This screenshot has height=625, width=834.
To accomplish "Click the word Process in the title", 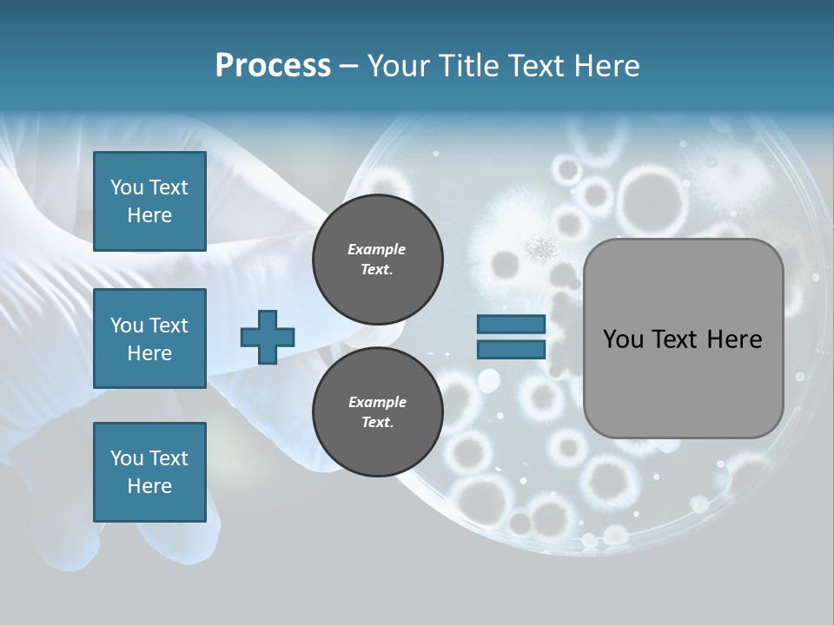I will pyautogui.click(x=273, y=66).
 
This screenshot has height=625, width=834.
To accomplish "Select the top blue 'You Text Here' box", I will pyautogui.click(x=149, y=201).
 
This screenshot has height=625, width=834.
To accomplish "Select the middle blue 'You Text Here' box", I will pyautogui.click(x=149, y=339).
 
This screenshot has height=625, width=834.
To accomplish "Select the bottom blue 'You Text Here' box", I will pyautogui.click(x=149, y=472).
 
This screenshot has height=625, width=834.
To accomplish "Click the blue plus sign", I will pyautogui.click(x=267, y=337).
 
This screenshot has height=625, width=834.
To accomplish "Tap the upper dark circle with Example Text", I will pyautogui.click(x=377, y=259).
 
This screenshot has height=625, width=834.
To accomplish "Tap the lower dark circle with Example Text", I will pyautogui.click(x=377, y=411).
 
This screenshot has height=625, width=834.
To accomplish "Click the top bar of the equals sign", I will pyautogui.click(x=511, y=325).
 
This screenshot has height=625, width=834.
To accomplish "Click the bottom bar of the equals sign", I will pyautogui.click(x=511, y=349).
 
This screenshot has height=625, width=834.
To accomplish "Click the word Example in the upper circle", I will pyautogui.click(x=377, y=249).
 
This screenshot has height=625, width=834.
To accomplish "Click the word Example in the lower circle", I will pyautogui.click(x=377, y=402).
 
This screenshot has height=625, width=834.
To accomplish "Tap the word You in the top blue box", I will pyautogui.click(x=126, y=187).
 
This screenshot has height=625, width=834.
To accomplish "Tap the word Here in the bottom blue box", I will pyautogui.click(x=149, y=486).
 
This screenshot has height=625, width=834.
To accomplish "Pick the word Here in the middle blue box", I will pyautogui.click(x=149, y=353).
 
